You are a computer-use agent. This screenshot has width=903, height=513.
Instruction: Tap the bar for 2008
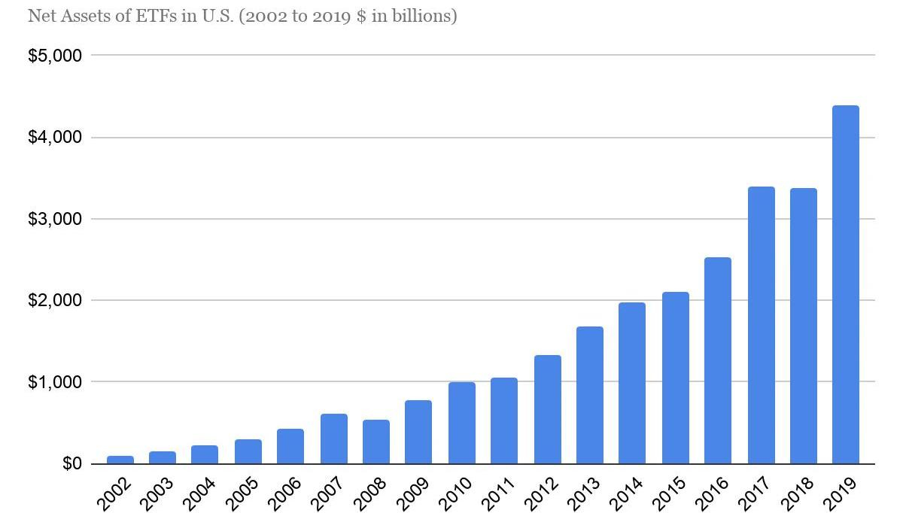click(x=375, y=442)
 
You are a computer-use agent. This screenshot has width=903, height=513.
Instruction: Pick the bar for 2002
click(x=120, y=460)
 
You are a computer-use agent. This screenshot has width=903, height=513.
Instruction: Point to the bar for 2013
click(x=589, y=395)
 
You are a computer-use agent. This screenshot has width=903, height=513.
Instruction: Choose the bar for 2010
click(x=461, y=423)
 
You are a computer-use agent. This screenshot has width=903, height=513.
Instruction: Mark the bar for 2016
click(x=717, y=360)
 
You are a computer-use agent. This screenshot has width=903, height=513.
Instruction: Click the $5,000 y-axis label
click(x=54, y=56)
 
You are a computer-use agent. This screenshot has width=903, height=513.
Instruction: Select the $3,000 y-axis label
click(x=54, y=219)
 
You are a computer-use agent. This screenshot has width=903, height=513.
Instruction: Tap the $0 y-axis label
click(x=68, y=463)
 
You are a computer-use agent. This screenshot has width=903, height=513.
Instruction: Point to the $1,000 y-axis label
click(x=54, y=382)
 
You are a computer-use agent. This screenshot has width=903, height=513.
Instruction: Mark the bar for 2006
click(x=290, y=446)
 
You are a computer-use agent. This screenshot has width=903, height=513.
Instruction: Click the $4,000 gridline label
click(x=54, y=138)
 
